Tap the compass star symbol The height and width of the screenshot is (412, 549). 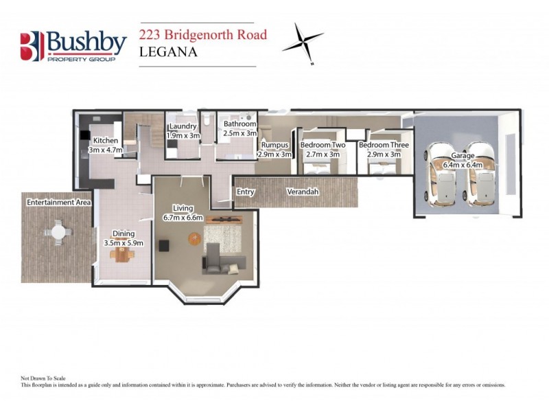303,42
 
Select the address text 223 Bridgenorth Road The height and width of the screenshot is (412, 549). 203,34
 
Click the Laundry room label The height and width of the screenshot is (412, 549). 183,130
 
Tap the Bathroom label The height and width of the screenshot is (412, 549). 240,128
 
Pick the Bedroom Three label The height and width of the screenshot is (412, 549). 384,150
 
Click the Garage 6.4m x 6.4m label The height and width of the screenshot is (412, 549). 462,160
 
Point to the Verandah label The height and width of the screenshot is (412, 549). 303,192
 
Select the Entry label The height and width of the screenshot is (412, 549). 245,192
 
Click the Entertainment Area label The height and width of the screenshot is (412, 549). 59,203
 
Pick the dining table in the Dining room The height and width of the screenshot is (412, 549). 123,253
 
